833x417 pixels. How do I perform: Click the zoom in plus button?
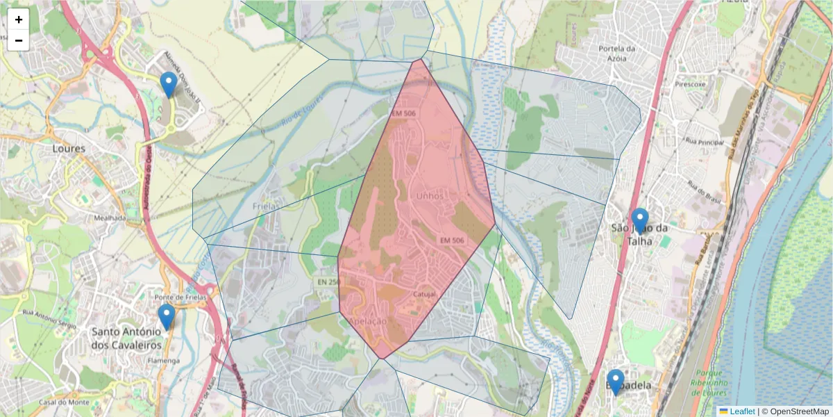coord(19,19)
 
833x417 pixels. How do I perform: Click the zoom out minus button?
coord(19,40)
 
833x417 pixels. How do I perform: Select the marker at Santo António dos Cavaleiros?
coord(166,317)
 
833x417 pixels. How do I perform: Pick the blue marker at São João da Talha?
coord(639,221)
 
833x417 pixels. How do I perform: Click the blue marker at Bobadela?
coord(615,382)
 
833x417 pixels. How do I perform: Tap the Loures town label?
coord(69,149)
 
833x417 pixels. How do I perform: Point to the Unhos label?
coord(429,197)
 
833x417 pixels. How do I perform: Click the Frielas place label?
coord(266,206)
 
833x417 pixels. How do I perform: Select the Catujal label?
coord(424,294)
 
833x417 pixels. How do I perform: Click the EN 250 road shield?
coord(328,281)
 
